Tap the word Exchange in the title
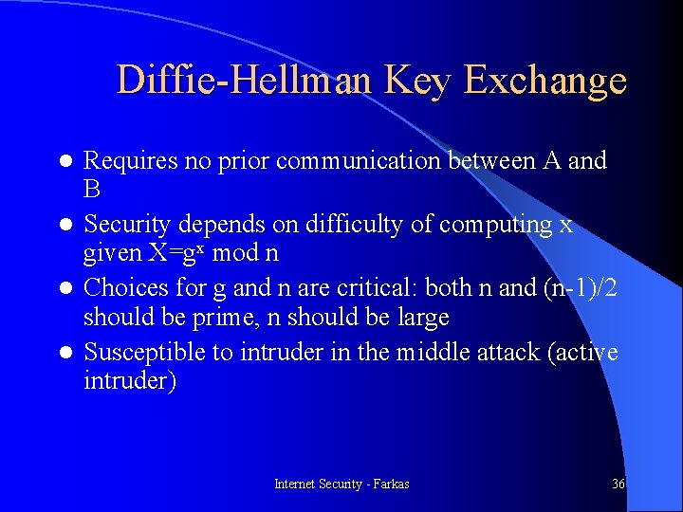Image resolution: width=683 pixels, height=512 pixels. [545, 81]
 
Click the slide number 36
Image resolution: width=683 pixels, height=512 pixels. [618, 484]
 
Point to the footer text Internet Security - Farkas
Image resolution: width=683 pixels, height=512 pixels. [341, 484]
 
